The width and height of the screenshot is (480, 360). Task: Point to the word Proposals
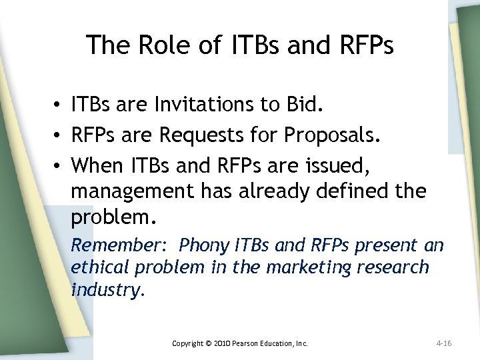(x=333, y=135)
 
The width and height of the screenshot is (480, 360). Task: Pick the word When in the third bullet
(x=94, y=164)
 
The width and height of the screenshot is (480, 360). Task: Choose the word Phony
(x=205, y=245)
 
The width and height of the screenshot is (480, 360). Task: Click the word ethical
(x=101, y=267)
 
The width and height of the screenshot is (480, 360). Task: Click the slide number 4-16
(x=444, y=343)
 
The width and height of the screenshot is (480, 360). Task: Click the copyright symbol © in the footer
(x=207, y=343)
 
